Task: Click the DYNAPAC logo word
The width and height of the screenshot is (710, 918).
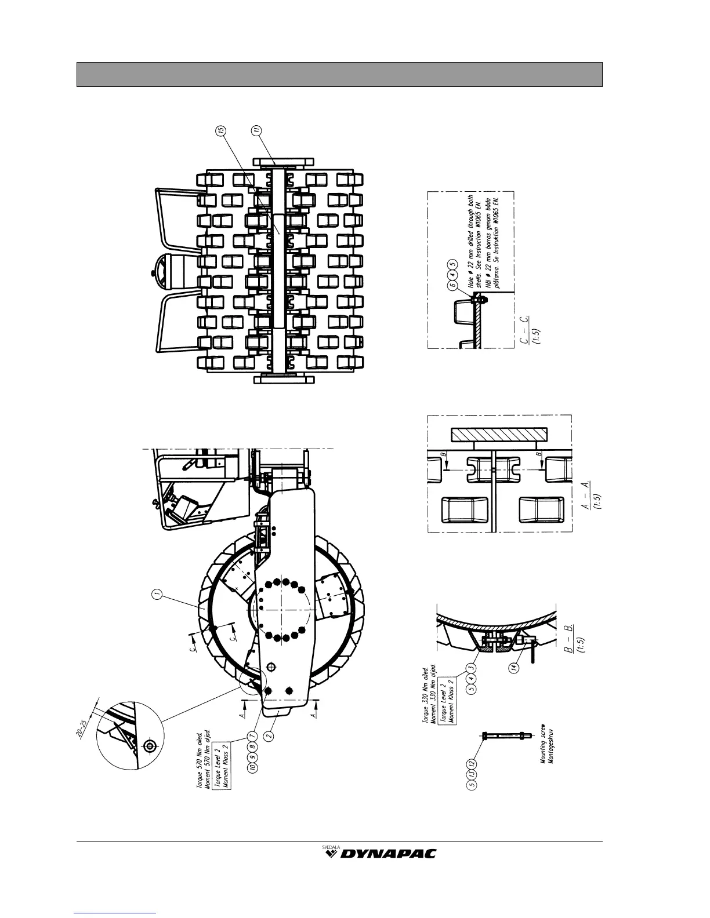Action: pos(389,853)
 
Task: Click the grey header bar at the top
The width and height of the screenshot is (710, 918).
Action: pos(339,74)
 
